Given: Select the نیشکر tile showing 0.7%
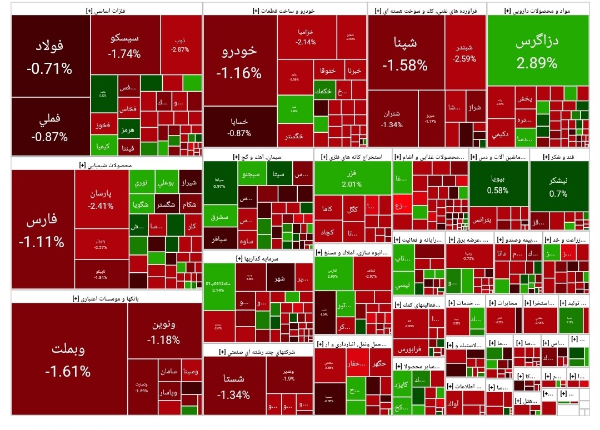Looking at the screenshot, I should (x=558, y=187).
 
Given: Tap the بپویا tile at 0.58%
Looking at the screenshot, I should (x=498, y=184).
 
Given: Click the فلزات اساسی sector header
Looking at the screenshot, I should (x=106, y=11).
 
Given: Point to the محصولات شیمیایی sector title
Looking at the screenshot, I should (x=106, y=165).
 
